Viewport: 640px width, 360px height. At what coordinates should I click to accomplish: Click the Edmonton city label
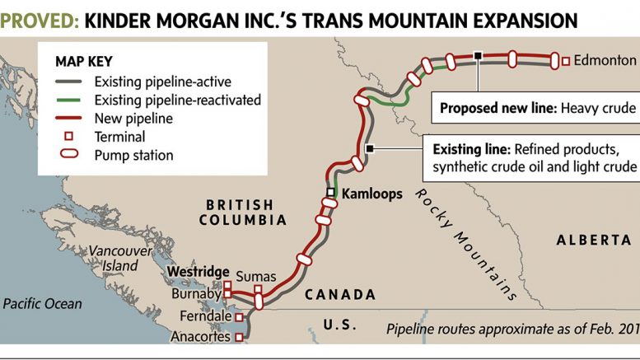click(605, 60)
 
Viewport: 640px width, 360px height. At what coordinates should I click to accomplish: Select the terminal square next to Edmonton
click(566, 60)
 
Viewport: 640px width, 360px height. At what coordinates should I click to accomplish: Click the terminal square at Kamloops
click(331, 193)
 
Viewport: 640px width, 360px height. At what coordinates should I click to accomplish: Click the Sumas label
click(255, 276)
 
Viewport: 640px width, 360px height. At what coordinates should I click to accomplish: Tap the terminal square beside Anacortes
click(239, 336)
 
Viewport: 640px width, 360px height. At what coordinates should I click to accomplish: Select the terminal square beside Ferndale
click(239, 316)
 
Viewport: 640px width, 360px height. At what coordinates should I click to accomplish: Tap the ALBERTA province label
click(593, 240)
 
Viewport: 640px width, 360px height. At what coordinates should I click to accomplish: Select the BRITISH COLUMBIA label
click(240, 213)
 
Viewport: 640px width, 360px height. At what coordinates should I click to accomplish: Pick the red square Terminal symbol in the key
click(69, 137)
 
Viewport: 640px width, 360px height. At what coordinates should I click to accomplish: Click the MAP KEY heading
click(83, 61)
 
